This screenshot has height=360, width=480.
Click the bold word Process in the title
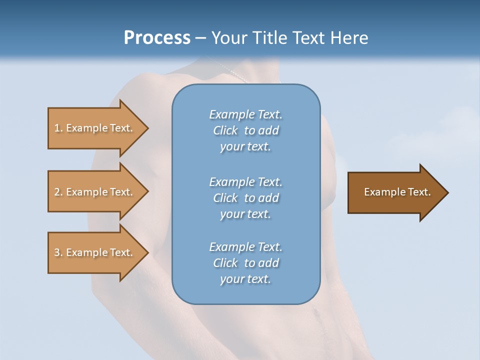point(157,38)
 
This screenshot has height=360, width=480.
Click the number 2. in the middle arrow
point(58,192)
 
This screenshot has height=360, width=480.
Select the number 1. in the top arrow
point(58,128)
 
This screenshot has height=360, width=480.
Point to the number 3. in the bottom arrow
point(58,252)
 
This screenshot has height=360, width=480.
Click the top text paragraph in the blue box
point(245,130)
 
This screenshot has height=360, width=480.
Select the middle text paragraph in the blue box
point(245,198)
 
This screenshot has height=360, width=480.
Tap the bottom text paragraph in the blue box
point(245,263)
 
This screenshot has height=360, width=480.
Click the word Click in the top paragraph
point(225,130)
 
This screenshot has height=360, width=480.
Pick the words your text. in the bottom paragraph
point(245,279)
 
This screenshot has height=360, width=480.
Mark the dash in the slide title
point(201,38)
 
